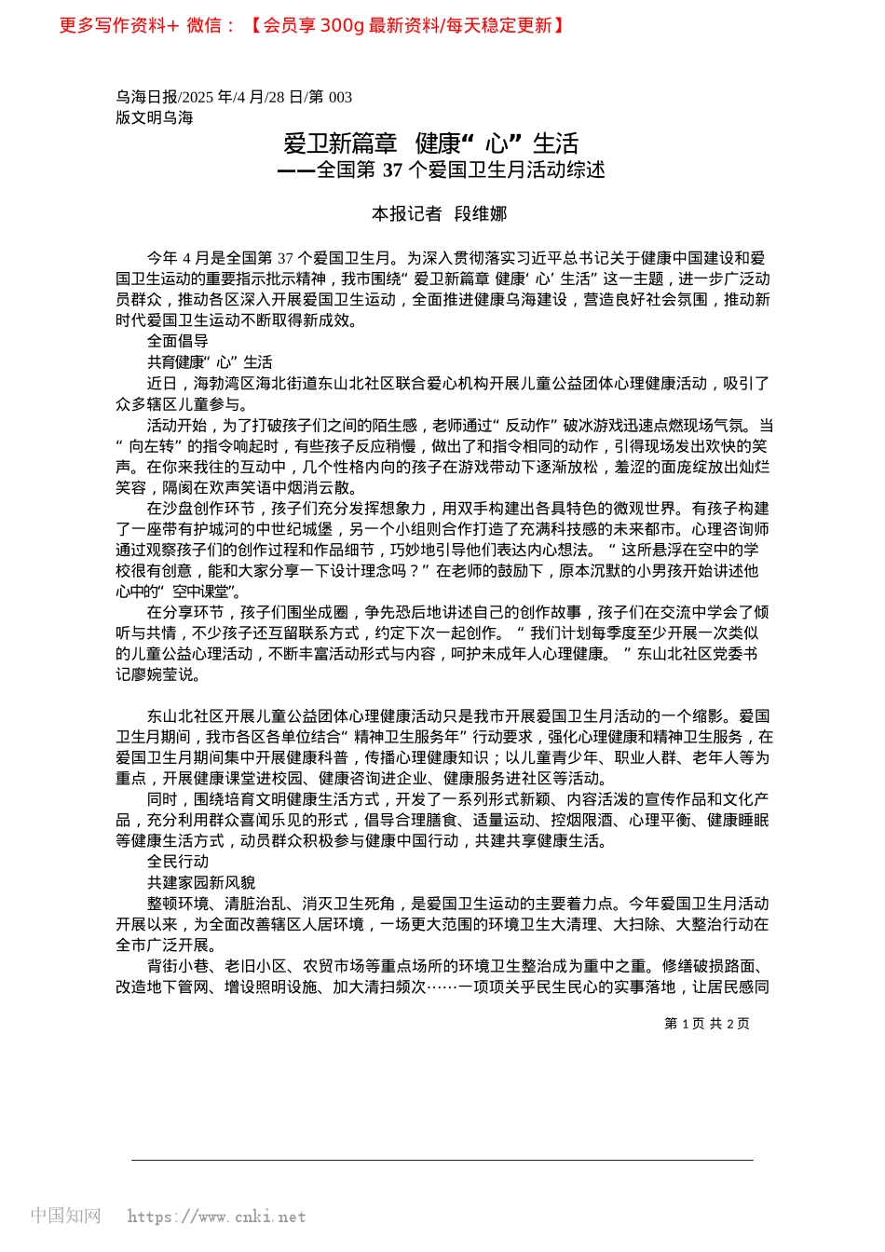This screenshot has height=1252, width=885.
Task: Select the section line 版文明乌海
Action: click(x=155, y=117)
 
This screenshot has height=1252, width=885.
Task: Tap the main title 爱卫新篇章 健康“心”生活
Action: click(x=431, y=143)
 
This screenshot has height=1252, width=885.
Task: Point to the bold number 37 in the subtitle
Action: click(x=392, y=170)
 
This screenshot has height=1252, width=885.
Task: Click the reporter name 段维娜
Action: click(x=481, y=214)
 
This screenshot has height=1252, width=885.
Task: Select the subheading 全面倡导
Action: click(x=178, y=341)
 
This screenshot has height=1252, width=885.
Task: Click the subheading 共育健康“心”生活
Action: click(x=210, y=362)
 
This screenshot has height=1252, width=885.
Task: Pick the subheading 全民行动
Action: click(x=178, y=862)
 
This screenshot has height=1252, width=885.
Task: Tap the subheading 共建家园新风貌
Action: click(x=201, y=882)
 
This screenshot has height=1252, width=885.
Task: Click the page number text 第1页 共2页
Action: click(x=707, y=1024)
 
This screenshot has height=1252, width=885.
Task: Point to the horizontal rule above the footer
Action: click(x=442, y=1160)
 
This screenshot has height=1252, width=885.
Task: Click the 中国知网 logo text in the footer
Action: click(x=65, y=1216)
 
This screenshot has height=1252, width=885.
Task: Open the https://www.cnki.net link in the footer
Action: click(x=216, y=1217)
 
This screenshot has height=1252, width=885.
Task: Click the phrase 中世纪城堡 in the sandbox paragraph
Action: click(x=279, y=529)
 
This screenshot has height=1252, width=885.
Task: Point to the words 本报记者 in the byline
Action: click(x=407, y=214)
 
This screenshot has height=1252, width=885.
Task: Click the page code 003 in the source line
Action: click(x=340, y=97)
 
